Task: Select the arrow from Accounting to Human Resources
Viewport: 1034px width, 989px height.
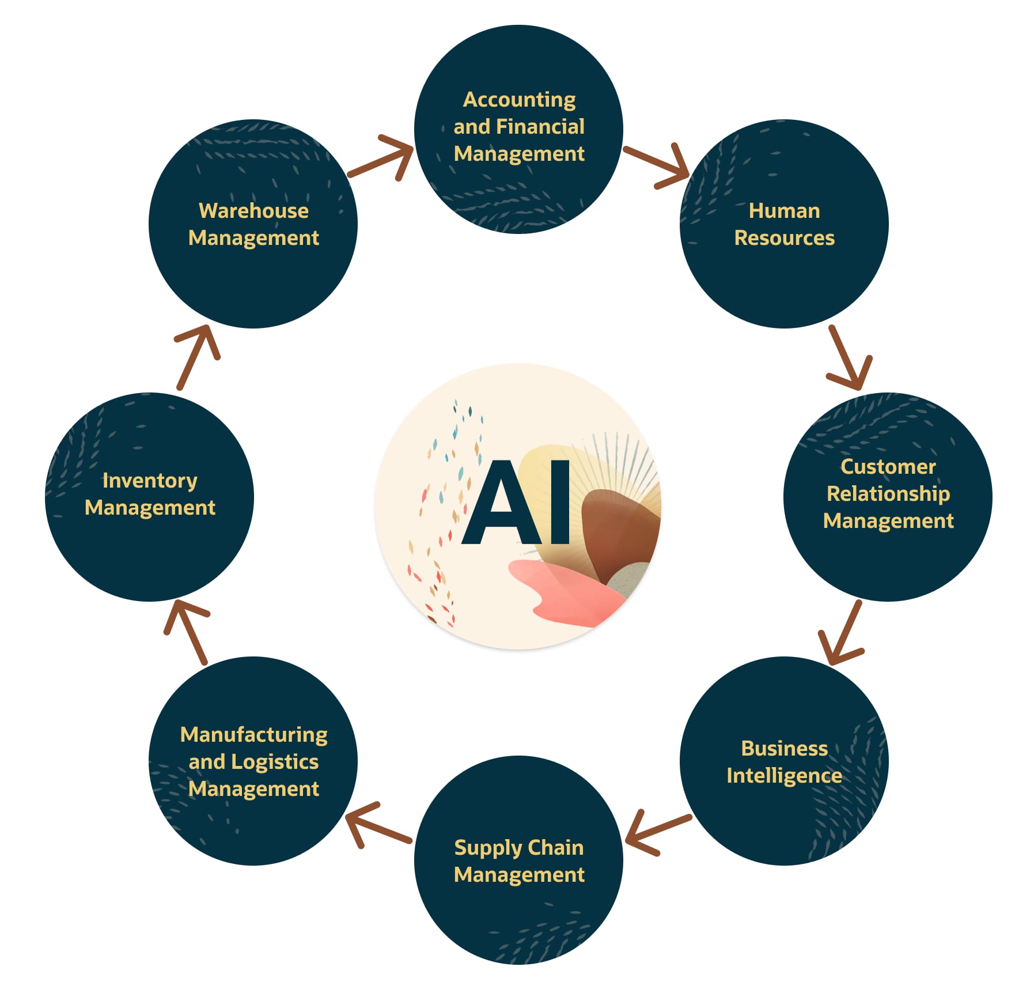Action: pos(657,165)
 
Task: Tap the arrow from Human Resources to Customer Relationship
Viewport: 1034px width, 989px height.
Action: pos(849,358)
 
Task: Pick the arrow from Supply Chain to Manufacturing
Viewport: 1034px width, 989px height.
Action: pos(378,825)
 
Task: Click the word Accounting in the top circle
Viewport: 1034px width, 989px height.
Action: pos(519,100)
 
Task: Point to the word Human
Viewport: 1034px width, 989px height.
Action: pos(784,211)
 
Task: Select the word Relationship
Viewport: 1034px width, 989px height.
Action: pos(888,494)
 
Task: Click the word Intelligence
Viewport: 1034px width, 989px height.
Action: pos(784,776)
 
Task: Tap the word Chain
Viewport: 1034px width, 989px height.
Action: pos(555,847)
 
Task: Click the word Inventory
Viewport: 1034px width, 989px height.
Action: pos(150,481)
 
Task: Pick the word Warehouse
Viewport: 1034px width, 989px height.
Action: pos(253,211)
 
